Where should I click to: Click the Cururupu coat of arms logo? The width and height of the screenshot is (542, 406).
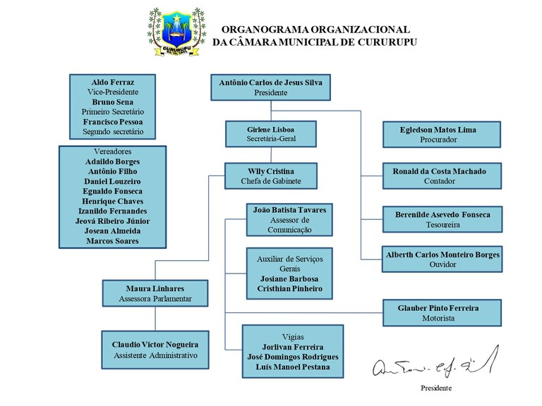coord(176,32)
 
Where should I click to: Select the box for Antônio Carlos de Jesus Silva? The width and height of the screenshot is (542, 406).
coord(271,87)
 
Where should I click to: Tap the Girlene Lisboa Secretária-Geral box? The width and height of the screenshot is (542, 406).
coord(271,134)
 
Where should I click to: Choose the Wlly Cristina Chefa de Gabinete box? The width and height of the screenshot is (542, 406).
coord(271,176)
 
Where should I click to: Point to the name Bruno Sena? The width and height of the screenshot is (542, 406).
coord(113,102)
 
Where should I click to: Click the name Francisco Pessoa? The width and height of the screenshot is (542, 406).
coord(113,122)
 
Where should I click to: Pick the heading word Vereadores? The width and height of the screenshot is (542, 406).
coord(113,152)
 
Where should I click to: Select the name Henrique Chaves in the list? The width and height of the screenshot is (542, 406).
coord(113,202)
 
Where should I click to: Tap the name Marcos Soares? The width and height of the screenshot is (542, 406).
coord(113,241)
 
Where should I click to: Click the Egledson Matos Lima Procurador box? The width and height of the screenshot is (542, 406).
coord(442,135)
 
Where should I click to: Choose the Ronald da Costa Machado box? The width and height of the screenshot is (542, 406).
coord(442,176)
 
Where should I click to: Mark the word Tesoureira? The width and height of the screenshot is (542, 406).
coord(442,225)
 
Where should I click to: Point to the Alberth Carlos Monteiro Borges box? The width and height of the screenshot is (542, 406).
coord(442,259)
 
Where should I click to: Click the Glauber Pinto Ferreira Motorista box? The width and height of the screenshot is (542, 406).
coord(442,313)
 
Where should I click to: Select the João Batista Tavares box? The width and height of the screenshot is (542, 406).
coord(289,220)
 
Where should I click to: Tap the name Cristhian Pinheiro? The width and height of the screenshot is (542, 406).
coord(289,288)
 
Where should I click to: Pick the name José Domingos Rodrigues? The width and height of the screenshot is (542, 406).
coord(293,357)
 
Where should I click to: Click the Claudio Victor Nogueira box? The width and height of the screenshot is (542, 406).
coord(155,350)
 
